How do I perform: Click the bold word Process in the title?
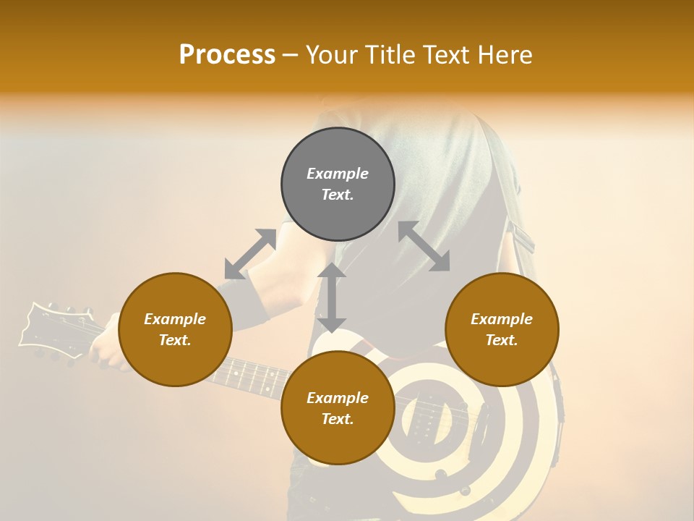click(x=227, y=55)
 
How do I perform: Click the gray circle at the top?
click(x=338, y=185)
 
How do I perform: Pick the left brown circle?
click(x=175, y=329)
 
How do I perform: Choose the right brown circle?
click(x=502, y=329)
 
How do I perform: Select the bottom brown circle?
click(x=338, y=407)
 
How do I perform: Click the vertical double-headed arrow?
click(x=332, y=297)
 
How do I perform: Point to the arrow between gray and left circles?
click(x=250, y=253)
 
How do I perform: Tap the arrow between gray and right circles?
click(x=424, y=246)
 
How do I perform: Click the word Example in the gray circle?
click(x=338, y=174)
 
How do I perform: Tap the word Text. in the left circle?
click(x=175, y=340)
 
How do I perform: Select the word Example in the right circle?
click(x=502, y=319)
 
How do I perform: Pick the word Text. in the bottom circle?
click(x=338, y=419)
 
